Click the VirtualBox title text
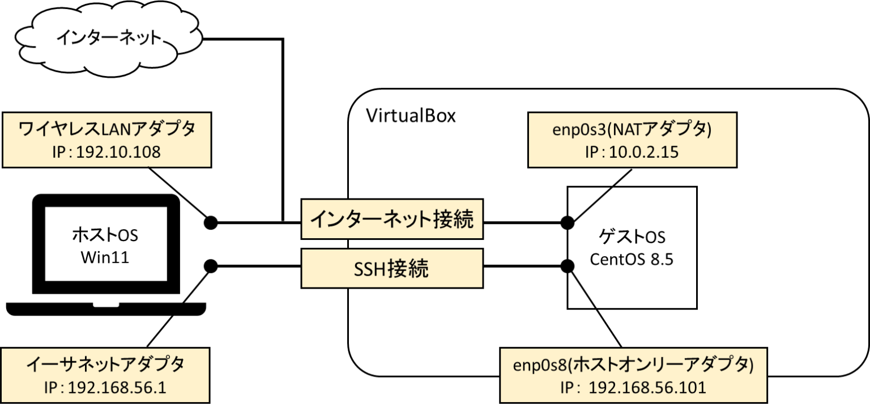pos(411,116)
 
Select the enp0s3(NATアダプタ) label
pos(632,130)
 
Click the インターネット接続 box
pos(393,219)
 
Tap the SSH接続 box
pos(393,269)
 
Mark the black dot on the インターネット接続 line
pos(568,222)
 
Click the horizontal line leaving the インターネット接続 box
pos(524,222)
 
